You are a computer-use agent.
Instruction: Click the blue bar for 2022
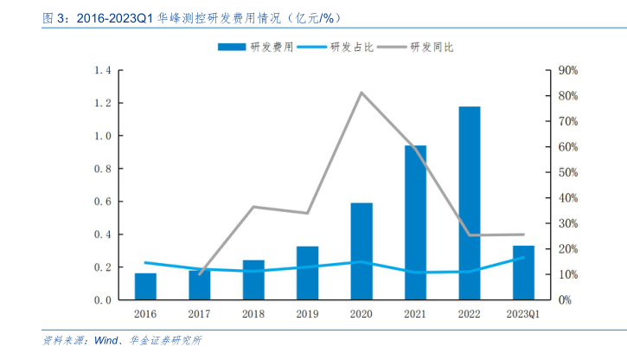pos(470,203)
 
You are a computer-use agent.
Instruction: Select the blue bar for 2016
pos(145,286)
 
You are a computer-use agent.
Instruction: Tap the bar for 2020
pos(361,251)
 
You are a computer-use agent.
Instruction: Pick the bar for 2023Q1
pos(523,273)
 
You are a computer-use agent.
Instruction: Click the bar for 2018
pos(253,280)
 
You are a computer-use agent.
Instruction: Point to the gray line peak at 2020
pos(361,93)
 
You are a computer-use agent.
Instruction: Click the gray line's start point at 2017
pos(200,274)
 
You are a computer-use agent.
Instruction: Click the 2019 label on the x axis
pos(307,314)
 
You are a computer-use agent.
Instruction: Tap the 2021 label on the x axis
pos(415,314)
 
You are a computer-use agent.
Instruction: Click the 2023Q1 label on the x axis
pos(523,314)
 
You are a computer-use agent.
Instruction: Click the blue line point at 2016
pos(145,262)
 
